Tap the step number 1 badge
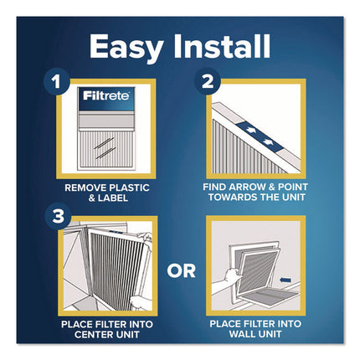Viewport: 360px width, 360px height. (x=57, y=83)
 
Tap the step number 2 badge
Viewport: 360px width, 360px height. (x=207, y=83)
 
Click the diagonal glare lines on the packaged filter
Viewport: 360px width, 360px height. (x=105, y=142)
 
